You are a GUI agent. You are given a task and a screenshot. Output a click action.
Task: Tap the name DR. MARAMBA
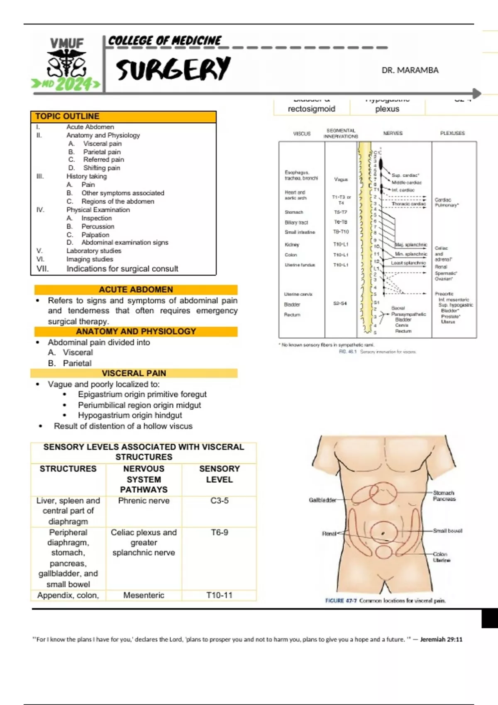tap(410, 70)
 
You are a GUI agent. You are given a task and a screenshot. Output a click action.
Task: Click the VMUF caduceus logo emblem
tap(66, 63)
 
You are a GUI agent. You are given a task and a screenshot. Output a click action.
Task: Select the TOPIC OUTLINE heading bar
tap(123, 117)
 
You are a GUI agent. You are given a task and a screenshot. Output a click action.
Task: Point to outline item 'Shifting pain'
tap(101, 168)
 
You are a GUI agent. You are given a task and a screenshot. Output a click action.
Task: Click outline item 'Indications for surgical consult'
tap(122, 269)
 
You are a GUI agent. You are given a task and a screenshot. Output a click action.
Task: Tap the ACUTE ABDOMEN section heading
tap(136, 289)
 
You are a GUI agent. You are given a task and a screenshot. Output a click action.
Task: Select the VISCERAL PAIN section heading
tap(134, 373)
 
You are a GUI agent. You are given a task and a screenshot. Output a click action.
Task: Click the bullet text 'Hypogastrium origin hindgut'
tap(130, 415)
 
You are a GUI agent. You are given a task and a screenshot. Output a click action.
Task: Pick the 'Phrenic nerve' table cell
tap(144, 501)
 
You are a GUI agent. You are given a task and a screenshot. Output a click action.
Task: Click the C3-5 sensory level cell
tap(219, 501)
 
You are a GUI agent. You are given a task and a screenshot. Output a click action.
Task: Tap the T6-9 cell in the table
tap(219, 532)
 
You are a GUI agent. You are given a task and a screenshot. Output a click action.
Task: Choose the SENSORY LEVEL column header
tap(219, 474)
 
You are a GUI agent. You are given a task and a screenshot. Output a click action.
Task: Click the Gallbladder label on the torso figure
tap(322, 500)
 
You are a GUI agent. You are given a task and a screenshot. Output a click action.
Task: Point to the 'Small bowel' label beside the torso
tap(447, 531)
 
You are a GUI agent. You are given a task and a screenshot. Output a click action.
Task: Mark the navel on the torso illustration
tap(383, 533)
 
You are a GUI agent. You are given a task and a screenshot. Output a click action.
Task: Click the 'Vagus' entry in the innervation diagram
tap(341, 180)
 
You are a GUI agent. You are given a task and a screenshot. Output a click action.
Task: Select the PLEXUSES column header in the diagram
tap(452, 133)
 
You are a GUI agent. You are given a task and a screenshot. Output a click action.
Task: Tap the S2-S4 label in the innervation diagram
tap(340, 304)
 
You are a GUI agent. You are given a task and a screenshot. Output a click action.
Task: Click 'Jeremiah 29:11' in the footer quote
tap(441, 639)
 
